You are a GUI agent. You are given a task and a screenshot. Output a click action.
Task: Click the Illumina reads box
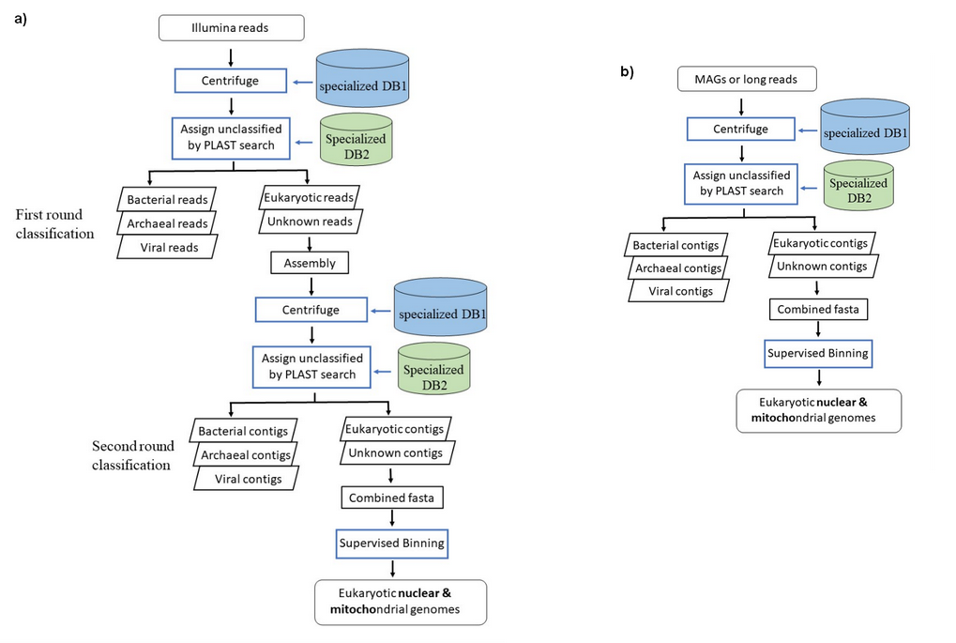tap(232, 28)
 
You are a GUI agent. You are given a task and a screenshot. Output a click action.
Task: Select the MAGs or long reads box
tap(747, 79)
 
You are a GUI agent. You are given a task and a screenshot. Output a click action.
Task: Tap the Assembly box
tap(310, 263)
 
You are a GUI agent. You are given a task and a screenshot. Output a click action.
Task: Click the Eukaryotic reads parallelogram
tap(311, 199)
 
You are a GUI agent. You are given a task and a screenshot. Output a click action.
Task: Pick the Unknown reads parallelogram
tap(310, 222)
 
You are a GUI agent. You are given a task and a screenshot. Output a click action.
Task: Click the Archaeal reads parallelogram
tap(166, 222)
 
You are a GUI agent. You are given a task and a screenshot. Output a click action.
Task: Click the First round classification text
tap(54, 224)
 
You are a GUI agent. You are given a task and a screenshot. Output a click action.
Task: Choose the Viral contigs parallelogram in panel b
tap(674, 291)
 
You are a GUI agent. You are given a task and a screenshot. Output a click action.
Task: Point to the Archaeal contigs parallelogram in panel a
tap(245, 454)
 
